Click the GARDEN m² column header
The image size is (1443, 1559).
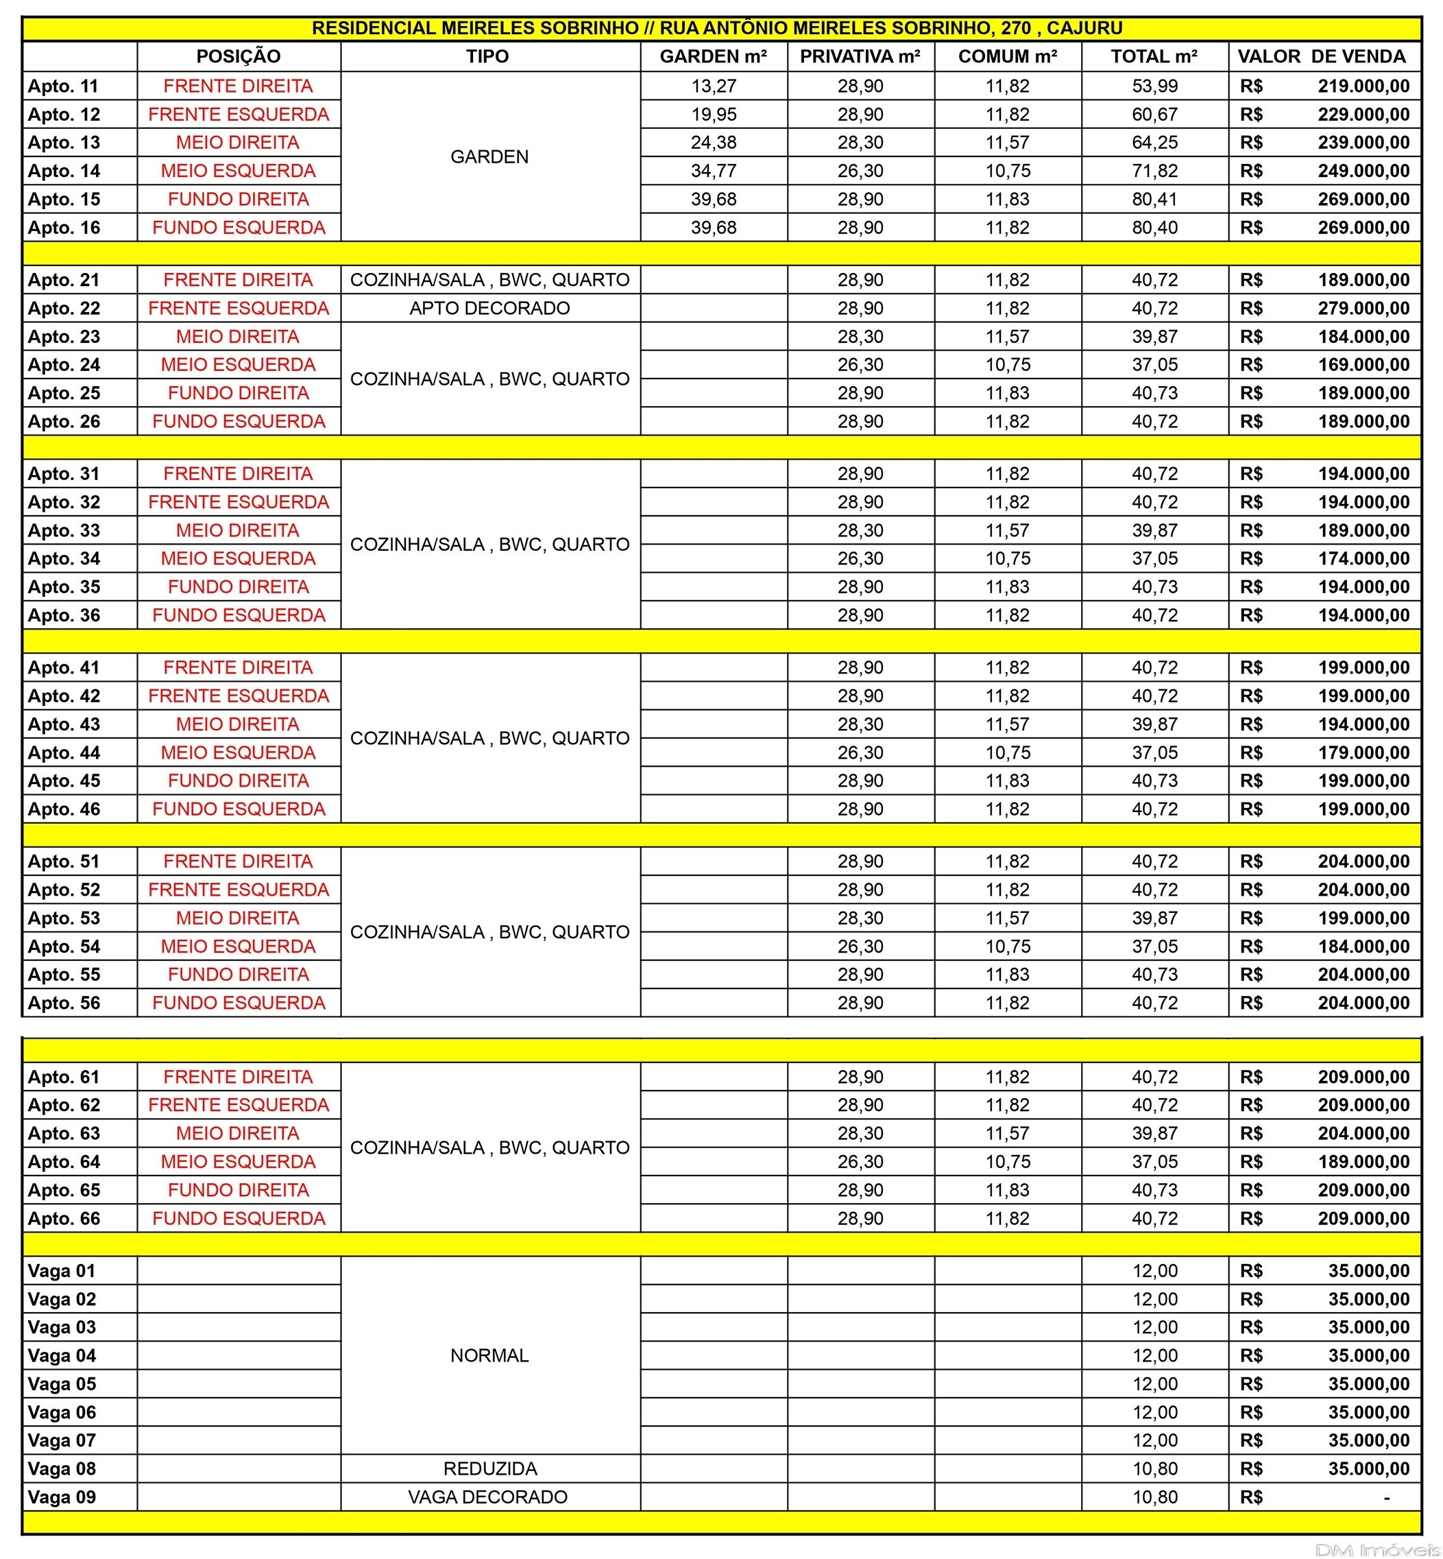click(x=713, y=56)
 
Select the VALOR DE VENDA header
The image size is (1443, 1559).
click(x=1321, y=56)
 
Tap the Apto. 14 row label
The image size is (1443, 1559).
click(x=64, y=171)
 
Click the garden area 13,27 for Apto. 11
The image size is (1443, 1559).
click(x=713, y=86)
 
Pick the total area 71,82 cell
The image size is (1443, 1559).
click(x=1154, y=171)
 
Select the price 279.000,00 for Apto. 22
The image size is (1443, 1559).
click(x=1363, y=309)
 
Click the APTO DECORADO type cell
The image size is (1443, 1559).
click(x=489, y=309)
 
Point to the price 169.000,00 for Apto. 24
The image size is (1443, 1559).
click(x=1363, y=365)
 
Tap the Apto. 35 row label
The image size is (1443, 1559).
click(x=64, y=587)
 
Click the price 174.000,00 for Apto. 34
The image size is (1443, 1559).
click(x=1363, y=558)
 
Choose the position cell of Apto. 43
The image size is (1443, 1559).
click(x=238, y=725)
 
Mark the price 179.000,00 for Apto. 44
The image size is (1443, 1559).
click(x=1363, y=753)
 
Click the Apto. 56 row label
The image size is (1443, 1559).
click(x=64, y=1003)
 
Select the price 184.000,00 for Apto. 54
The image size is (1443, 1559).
click(x=1363, y=947)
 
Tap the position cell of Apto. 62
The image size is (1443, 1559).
click(x=238, y=1105)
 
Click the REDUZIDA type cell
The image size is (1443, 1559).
click(x=489, y=1469)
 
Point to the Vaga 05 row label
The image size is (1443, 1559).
click(x=62, y=1384)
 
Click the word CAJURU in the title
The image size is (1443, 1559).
click(x=1084, y=28)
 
